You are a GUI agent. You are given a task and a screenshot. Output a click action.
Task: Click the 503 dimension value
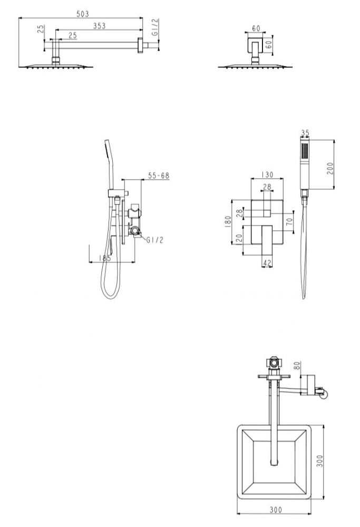pyautogui.click(x=83, y=14)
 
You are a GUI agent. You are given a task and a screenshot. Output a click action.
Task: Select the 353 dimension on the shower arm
pyautogui.click(x=99, y=26)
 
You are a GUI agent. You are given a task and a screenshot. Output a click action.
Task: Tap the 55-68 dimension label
pyautogui.click(x=159, y=175)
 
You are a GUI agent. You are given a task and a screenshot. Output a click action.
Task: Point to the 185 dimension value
pyautogui.click(x=105, y=258)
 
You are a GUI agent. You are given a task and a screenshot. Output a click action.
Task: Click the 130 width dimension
pyautogui.click(x=267, y=175)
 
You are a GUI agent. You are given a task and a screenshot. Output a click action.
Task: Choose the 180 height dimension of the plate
pyautogui.click(x=228, y=222)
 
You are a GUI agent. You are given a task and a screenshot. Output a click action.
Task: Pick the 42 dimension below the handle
pyautogui.click(x=267, y=263)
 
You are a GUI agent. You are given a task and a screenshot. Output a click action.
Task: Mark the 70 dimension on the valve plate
pyautogui.click(x=290, y=221)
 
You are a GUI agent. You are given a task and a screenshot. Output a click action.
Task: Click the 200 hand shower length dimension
pyautogui.click(x=330, y=168)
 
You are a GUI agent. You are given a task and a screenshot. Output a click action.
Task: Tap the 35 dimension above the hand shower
pyautogui.click(x=305, y=133)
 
